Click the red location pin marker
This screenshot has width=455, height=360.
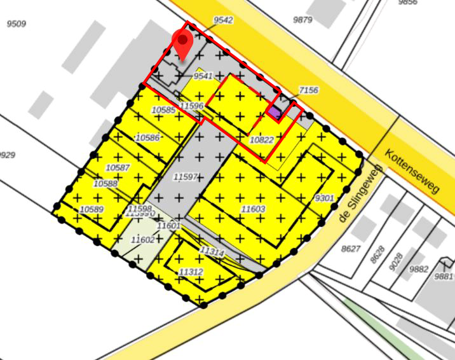pyautogui.click(x=182, y=45)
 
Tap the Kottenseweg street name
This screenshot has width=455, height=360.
pyautogui.click(x=413, y=172)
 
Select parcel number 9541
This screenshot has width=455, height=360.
pyautogui.click(x=203, y=76)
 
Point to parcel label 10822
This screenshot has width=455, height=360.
pyautogui.click(x=261, y=139)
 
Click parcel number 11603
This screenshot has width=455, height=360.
pyautogui.click(x=253, y=209)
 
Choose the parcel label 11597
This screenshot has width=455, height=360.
pyautogui.click(x=186, y=176)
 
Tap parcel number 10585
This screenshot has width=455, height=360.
pyautogui.click(x=163, y=111)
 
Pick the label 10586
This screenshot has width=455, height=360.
pyautogui.click(x=147, y=137)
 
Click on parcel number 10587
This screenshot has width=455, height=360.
pyautogui.click(x=118, y=167)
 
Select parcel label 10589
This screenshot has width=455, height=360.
pyautogui.click(x=92, y=209)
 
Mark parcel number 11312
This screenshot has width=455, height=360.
pyautogui.click(x=191, y=272)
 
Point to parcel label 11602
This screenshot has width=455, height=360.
pyautogui.click(x=142, y=240)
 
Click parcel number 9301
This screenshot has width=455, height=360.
pyautogui.click(x=324, y=198)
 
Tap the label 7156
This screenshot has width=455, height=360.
pyautogui.click(x=308, y=91)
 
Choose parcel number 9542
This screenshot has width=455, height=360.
pyautogui.click(x=223, y=20)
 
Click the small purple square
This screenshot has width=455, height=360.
pyautogui.click(x=274, y=112)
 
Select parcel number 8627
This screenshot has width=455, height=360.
pyautogui.click(x=350, y=249)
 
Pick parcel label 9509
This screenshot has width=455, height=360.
pyautogui.click(x=16, y=24)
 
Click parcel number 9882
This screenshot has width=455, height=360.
pyautogui.click(x=419, y=269)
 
